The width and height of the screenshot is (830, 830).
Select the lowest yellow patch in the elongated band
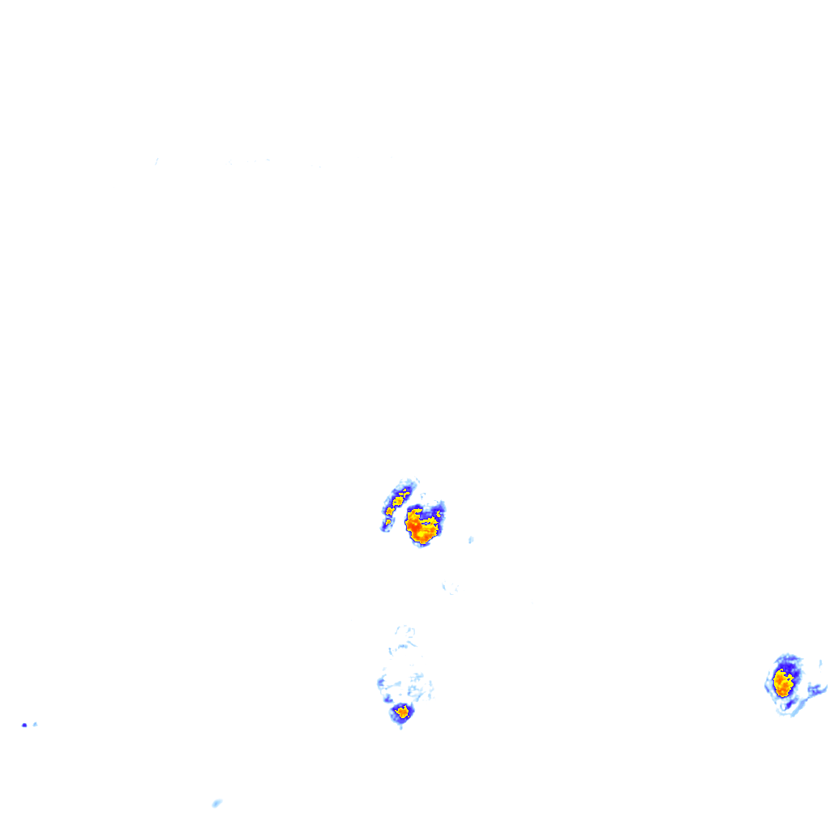pos(388,521)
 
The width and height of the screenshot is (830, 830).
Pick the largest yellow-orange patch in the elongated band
pos(398,500)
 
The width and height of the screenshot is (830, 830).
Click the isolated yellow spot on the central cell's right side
pos(439,514)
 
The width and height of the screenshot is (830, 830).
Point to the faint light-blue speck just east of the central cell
pos(471,540)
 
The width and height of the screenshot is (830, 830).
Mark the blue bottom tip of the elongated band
pos(384,528)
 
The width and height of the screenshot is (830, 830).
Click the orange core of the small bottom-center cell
pos(402,712)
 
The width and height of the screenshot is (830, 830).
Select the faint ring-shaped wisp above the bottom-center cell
pos(406,631)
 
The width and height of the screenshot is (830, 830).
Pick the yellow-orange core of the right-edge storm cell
pos(783,682)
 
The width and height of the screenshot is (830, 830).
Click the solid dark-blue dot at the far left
pos(24,725)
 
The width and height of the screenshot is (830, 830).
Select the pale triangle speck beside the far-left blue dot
pos(35,724)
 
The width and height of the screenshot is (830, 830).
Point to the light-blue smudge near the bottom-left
pos(216,803)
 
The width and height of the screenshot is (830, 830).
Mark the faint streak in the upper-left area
pos(156,161)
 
